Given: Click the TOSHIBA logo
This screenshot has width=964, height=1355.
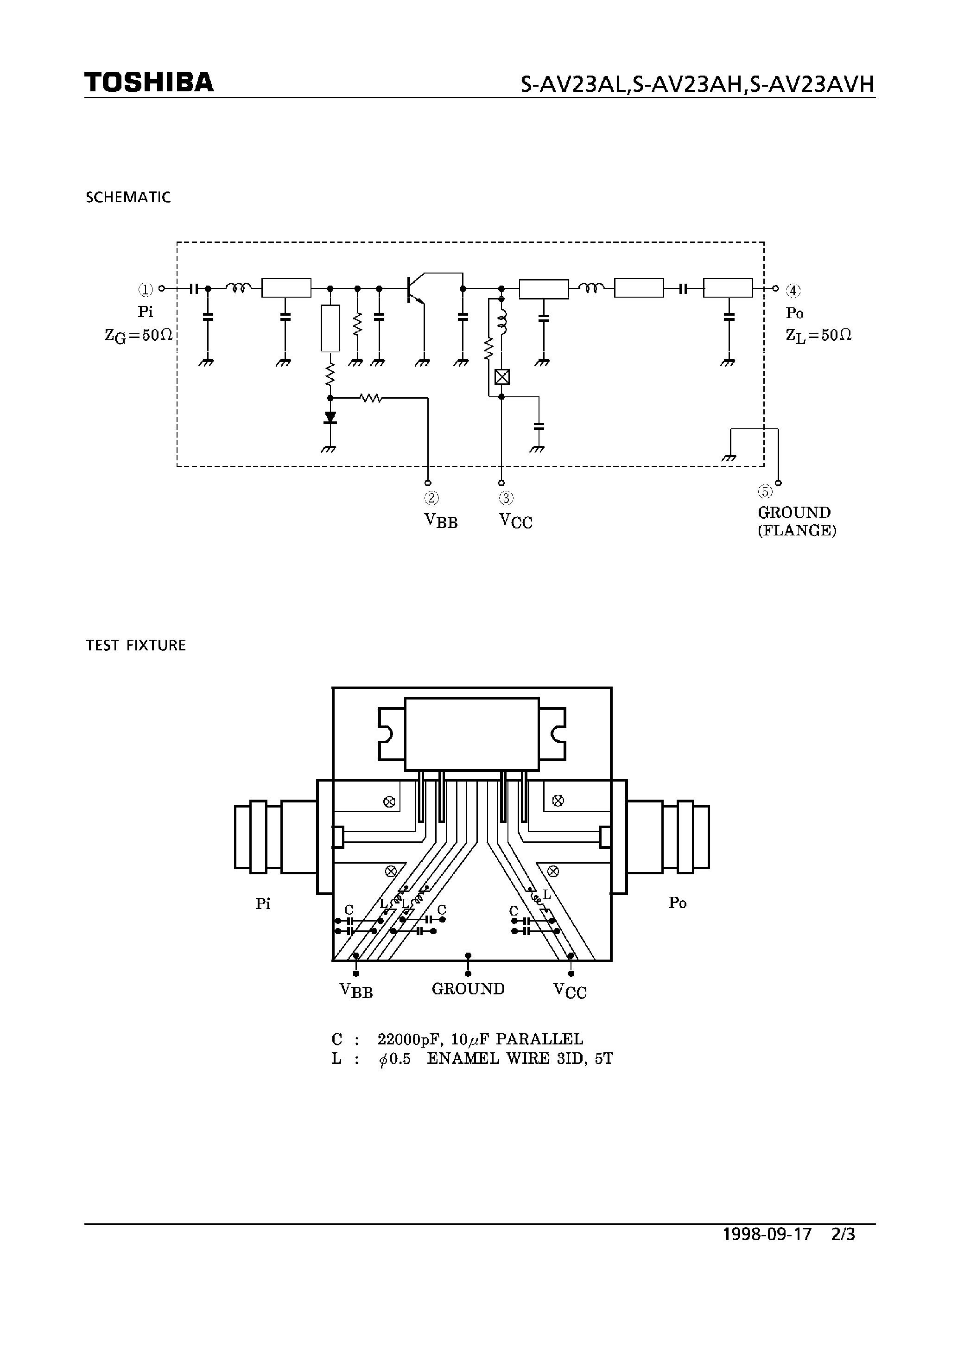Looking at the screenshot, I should pos(148,82).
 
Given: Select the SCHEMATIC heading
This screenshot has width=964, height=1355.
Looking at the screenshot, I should pos(128,197).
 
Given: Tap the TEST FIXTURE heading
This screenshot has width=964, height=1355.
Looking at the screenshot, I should pos(135,645).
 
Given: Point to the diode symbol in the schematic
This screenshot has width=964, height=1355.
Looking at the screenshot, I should pos(330,417).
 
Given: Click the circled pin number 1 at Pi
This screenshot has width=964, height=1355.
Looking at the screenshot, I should pos(146,289).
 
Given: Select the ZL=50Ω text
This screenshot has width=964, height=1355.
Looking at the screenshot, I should pos(818,336).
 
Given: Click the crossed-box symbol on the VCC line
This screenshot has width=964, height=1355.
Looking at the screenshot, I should pos(502,376).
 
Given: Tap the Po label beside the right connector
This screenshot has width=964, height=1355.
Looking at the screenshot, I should pos(677,903).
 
